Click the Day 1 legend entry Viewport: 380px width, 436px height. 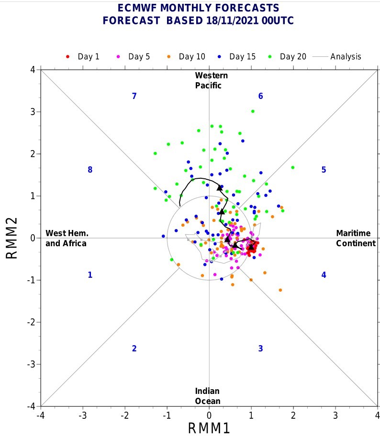pyautogui.click(x=83, y=57)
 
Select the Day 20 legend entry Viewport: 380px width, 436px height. pyautogui.click(x=287, y=57)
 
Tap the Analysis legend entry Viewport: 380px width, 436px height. pyautogui.click(x=336, y=57)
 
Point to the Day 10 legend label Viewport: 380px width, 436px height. pyautogui.click(x=192, y=57)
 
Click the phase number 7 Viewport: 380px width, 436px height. pyautogui.click(x=134, y=96)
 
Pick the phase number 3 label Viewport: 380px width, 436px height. pyautogui.click(x=260, y=349)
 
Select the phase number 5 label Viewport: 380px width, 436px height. pyautogui.click(x=324, y=170)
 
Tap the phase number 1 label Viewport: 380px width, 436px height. pyautogui.click(x=90, y=275)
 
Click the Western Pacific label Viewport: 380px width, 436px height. pyautogui.click(x=211, y=80)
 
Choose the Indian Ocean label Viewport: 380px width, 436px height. pyautogui.click(x=208, y=396)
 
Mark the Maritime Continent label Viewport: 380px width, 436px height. pyautogui.click(x=356, y=238)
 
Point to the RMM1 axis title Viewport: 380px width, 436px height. pyautogui.click(x=209, y=428)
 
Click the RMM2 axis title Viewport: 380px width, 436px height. pyautogui.click(x=11, y=238)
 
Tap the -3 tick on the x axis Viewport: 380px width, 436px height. pyautogui.click(x=82, y=415)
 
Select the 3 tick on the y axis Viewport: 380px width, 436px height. pyautogui.click(x=33, y=112)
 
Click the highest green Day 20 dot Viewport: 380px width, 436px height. pyautogui.click(x=253, y=111)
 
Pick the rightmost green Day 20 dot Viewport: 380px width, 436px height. pyautogui.click(x=292, y=167)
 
